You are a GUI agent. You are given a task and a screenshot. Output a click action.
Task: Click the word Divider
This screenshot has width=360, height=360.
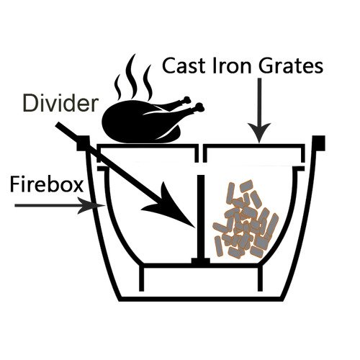(x=60, y=104)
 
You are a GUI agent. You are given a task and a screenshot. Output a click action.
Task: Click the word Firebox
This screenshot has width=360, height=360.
(x=47, y=184)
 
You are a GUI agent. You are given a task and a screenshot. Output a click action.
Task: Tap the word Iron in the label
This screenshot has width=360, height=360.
(x=232, y=66)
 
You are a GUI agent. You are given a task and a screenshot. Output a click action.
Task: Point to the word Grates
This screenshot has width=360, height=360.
(x=290, y=66)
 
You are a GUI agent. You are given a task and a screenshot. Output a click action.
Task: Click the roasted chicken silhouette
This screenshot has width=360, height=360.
(x=153, y=120)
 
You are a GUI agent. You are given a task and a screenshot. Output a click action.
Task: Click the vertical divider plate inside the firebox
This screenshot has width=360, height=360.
(x=201, y=217)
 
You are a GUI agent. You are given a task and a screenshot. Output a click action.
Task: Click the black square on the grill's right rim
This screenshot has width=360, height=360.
(x=319, y=143)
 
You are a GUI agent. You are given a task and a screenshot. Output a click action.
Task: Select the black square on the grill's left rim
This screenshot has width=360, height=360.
(x=83, y=143)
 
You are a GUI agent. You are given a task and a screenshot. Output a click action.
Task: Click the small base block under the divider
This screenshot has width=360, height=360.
(x=201, y=261)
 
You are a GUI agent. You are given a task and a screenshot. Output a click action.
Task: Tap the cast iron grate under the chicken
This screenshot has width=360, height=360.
(x=148, y=146)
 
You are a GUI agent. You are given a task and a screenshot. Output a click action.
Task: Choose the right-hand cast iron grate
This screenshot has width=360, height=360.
(x=253, y=146)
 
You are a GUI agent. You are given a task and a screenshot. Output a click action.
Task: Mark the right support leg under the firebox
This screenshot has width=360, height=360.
(x=261, y=279)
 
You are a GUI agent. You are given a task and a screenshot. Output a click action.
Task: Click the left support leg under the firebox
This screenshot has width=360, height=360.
(x=142, y=279)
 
